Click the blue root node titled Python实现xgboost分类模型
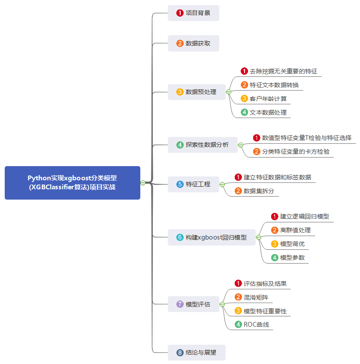tap(72, 182)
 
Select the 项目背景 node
tap(194, 13)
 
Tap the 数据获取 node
tap(194, 43)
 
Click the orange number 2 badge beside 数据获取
tap(180, 43)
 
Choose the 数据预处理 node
tap(197, 92)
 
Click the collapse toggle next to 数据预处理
tap(229, 92)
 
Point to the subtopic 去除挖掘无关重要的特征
tap(283, 71)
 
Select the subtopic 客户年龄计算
tap(268, 99)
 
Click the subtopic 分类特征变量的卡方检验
tap(296, 152)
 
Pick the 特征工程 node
tap(194, 184)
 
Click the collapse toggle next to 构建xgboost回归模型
tap(259, 237)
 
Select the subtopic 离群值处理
tap(295, 230)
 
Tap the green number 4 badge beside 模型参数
tap(275, 258)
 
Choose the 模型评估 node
tap(194, 304)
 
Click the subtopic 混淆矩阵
tap(256, 297)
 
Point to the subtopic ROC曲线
tap(256, 325)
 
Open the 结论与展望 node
tap(197, 352)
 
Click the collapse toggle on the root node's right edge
tap(143, 183)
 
